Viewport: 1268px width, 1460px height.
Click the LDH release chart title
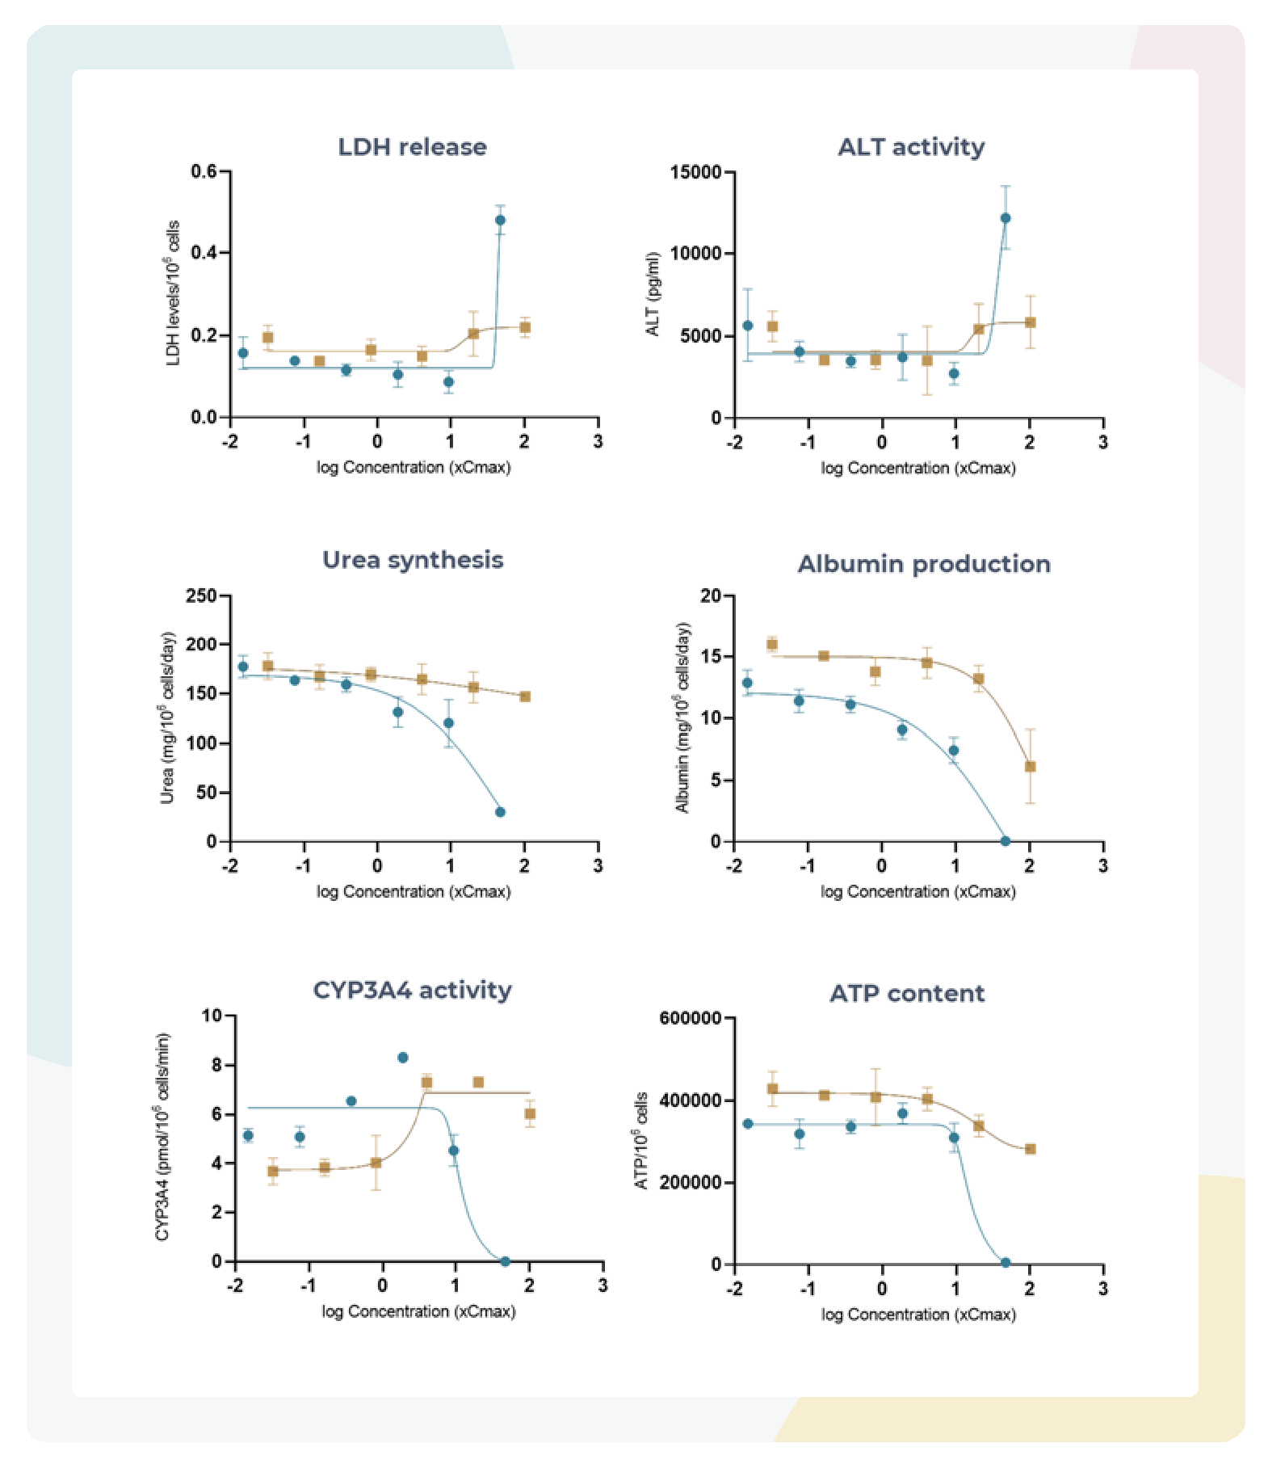pyautogui.click(x=412, y=147)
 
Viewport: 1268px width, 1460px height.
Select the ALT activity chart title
pyautogui.click(x=911, y=147)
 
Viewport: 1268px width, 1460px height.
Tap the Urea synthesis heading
pyautogui.click(x=413, y=560)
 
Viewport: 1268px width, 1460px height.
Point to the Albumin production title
pyautogui.click(x=924, y=564)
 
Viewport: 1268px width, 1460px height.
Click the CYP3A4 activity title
pyautogui.click(x=412, y=991)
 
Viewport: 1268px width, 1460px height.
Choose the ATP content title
pyautogui.click(x=907, y=993)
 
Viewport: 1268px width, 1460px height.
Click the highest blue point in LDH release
pyautogui.click(x=500, y=220)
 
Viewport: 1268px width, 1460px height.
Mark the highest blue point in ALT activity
pyautogui.click(x=1006, y=218)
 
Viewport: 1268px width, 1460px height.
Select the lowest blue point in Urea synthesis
pyautogui.click(x=500, y=812)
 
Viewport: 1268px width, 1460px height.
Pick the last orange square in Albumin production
pyautogui.click(x=1030, y=767)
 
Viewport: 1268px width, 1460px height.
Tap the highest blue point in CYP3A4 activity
pyautogui.click(x=403, y=1058)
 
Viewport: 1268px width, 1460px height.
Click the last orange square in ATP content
pyautogui.click(x=1030, y=1149)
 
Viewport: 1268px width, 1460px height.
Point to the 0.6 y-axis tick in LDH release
pyautogui.click(x=204, y=171)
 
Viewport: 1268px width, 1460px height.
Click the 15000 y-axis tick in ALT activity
pyautogui.click(x=695, y=172)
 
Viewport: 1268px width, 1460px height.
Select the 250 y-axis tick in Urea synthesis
pyautogui.click(x=201, y=595)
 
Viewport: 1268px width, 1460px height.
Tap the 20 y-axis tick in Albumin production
pyautogui.click(x=711, y=595)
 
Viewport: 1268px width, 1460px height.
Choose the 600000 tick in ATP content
pyautogui.click(x=691, y=1018)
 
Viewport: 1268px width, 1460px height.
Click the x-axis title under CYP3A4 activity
pyautogui.click(x=418, y=1311)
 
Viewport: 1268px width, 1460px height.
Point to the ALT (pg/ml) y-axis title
pyautogui.click(x=653, y=294)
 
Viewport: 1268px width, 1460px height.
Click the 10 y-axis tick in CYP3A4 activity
pyautogui.click(x=212, y=1016)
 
